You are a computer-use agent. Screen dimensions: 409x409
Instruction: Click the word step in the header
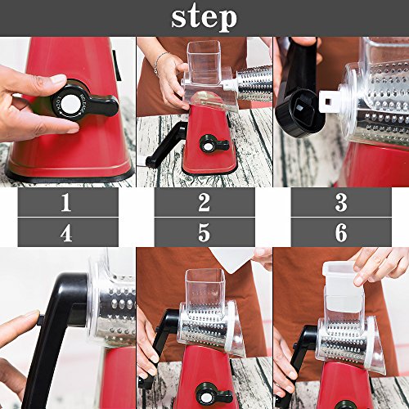coord(204,17)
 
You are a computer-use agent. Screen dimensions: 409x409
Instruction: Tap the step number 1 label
coord(65,202)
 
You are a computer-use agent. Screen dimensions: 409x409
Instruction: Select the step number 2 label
coord(204,202)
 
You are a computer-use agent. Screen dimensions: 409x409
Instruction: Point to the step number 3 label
coord(341,202)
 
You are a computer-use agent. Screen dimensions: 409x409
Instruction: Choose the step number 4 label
coord(66,232)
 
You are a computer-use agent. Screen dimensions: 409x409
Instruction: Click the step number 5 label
coord(204,232)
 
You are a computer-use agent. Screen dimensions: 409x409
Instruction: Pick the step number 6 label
coord(341,232)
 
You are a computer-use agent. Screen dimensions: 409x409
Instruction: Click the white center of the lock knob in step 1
coord(70,104)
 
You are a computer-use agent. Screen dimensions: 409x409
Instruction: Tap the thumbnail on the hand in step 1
coord(58,79)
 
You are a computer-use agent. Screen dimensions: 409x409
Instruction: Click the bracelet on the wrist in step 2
coord(159,62)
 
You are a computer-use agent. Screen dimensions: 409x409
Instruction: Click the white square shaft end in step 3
coord(330,101)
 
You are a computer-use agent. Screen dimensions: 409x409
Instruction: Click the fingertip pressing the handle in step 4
coord(32,318)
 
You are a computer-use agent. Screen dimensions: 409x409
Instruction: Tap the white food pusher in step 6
coord(343,286)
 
